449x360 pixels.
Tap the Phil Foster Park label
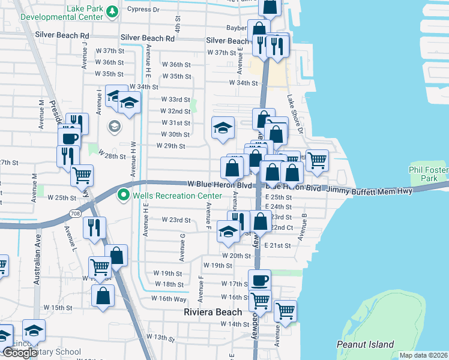point(428,175)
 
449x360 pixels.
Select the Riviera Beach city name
point(212,312)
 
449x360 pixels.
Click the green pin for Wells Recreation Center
point(124,195)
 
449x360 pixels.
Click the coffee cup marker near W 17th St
point(259,280)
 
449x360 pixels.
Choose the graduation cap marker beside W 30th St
point(223,128)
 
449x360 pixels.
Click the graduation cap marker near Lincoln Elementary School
point(34,331)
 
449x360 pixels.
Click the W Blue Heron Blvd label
point(219,185)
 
